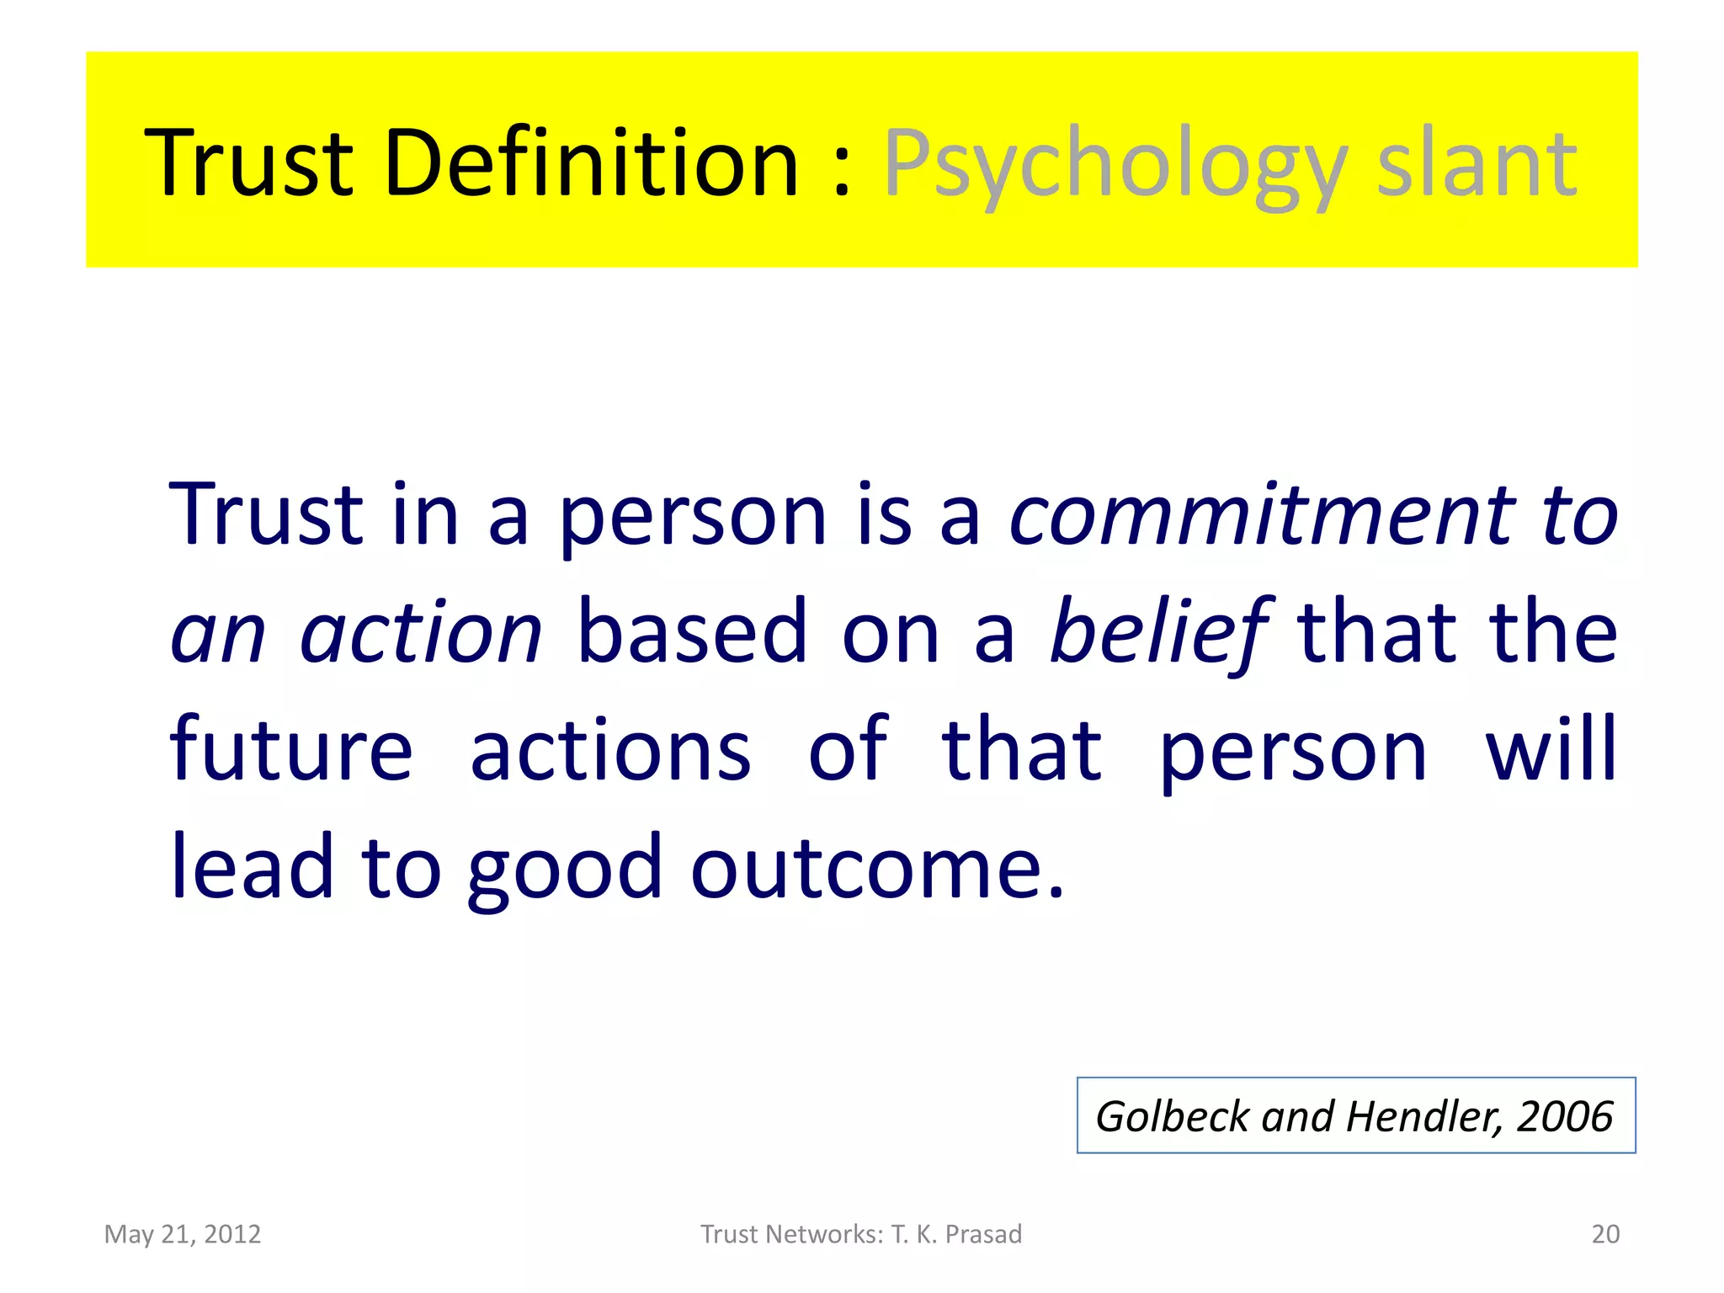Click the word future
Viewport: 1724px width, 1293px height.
291,749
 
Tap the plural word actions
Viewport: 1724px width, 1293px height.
610,749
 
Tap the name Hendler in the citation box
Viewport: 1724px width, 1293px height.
1422,1116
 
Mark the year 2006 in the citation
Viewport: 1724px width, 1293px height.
1564,1116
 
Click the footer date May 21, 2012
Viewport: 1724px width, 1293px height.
183,1234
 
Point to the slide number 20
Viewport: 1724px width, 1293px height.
1605,1234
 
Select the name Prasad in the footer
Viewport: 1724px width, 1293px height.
983,1234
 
